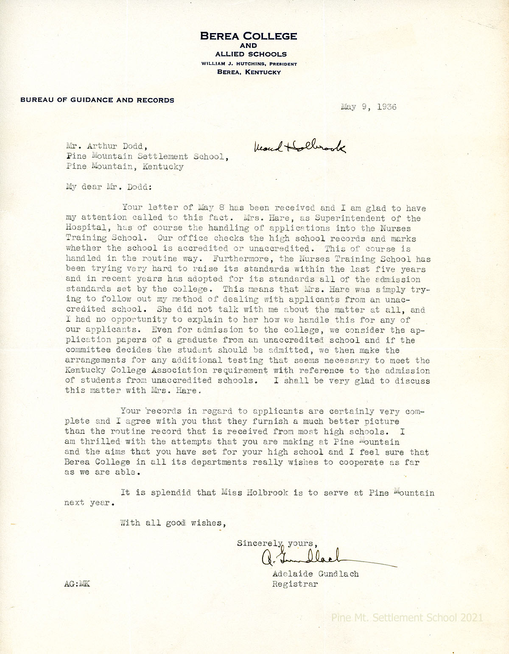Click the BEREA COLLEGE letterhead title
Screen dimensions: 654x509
[249, 36]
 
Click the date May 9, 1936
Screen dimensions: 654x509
[368, 107]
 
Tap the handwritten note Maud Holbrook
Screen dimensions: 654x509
[299, 147]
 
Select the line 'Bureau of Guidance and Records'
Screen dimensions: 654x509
[97, 100]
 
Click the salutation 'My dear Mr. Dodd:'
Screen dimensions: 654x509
[108, 187]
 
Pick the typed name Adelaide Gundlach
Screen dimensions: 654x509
[316, 574]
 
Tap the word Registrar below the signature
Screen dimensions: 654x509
[295, 584]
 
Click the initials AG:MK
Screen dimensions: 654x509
[77, 584]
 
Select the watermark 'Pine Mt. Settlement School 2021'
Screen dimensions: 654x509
[407, 618]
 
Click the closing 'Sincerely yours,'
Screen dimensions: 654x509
[277, 543]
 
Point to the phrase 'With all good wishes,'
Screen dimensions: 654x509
[173, 523]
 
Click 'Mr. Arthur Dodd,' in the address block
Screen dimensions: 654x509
[107, 146]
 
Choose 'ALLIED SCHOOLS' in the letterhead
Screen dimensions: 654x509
[251, 54]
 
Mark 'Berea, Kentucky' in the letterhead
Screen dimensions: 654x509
[249, 72]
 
